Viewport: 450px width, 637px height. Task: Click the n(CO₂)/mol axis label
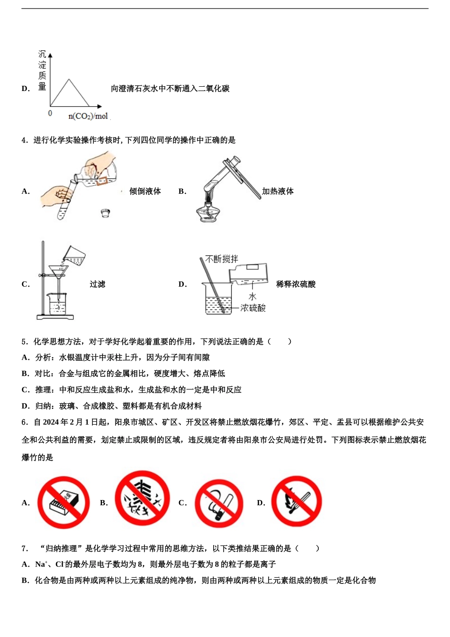pos(88,116)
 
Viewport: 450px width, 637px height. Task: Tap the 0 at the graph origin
pos(50,114)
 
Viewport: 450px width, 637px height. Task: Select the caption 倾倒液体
pos(145,191)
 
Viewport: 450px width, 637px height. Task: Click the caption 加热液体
pos(278,191)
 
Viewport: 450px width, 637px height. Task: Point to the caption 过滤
pos(98,284)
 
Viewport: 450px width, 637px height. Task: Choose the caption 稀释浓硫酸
pos(296,284)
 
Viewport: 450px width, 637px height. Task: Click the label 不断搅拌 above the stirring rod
pos(222,259)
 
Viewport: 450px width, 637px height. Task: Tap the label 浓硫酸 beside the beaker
pos(253,308)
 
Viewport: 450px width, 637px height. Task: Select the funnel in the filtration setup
pos(59,273)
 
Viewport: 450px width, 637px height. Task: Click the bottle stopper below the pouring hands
pos(105,213)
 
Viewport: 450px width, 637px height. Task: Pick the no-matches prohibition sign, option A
pos(63,502)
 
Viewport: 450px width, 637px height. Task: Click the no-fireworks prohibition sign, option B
pos(142,498)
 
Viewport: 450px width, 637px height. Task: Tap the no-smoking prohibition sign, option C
pos(219,503)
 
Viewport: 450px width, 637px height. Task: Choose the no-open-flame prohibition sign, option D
pos(297,501)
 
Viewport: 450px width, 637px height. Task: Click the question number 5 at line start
pos(24,342)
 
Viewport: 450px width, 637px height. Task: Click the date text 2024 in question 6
pos(52,422)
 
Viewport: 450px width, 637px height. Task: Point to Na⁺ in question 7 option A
pos(41,564)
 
